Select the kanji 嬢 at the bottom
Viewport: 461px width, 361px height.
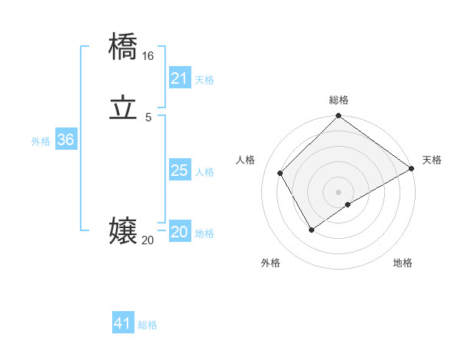123,231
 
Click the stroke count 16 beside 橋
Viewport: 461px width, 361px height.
148,56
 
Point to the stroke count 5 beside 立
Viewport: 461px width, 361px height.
148,118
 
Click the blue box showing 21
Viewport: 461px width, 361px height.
179,78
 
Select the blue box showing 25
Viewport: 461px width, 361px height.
179,171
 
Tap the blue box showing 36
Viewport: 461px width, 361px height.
65,140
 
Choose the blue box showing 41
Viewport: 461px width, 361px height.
123,323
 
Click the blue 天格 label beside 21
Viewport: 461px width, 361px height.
204,80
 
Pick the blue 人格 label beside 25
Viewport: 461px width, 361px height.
204,172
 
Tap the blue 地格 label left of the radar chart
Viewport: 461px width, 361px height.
204,233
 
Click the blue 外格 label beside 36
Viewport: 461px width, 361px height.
41,141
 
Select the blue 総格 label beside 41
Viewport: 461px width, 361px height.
148,325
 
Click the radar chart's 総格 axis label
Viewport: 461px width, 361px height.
339,100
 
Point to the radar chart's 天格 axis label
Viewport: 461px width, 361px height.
432,160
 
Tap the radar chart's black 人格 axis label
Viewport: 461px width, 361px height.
246,160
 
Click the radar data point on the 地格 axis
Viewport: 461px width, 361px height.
348,204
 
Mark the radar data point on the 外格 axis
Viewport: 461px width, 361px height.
311,230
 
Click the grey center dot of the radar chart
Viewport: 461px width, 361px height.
339,192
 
